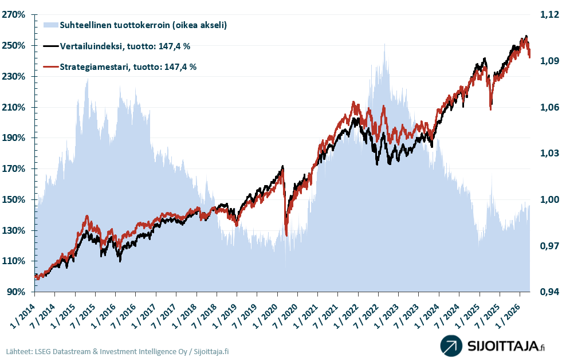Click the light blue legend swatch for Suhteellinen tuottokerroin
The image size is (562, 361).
[50, 25]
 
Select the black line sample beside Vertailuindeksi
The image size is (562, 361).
[50, 46]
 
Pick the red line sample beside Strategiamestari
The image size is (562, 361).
[50, 66]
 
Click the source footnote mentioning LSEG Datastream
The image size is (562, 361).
[117, 351]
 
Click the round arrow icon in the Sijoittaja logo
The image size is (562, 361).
[451, 346]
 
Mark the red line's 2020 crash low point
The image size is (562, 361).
[286, 234]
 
